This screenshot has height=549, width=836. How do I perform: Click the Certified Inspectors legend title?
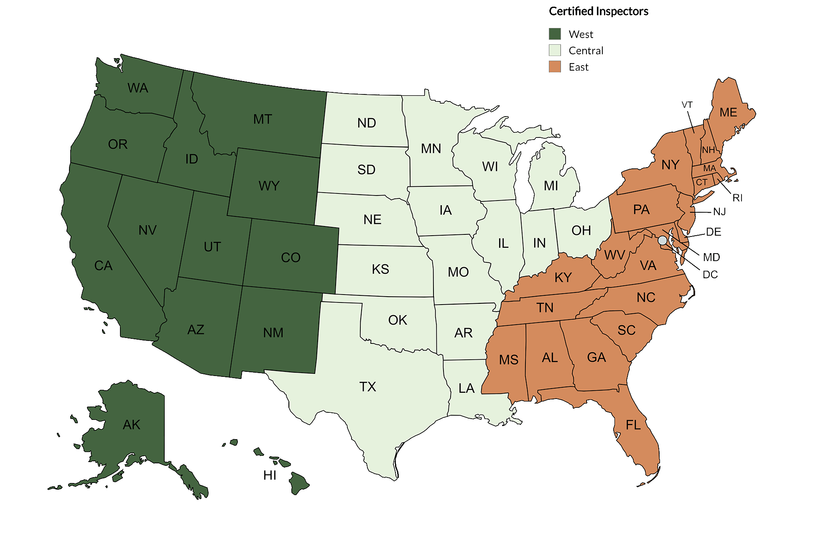pyautogui.click(x=598, y=11)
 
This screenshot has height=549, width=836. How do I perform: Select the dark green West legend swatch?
pyautogui.click(x=555, y=34)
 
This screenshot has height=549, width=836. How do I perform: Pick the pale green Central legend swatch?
pyautogui.click(x=555, y=50)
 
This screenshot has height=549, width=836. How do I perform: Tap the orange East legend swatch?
pyautogui.click(x=555, y=66)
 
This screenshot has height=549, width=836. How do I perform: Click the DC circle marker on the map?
pyautogui.click(x=663, y=240)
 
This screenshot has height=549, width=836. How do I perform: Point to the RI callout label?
pyautogui.click(x=737, y=198)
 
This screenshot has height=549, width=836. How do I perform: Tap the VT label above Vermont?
pyautogui.click(x=687, y=105)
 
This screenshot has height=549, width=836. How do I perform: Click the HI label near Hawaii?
pyautogui.click(x=270, y=475)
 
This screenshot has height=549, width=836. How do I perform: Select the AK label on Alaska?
pyautogui.click(x=132, y=425)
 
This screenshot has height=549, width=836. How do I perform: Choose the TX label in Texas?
pyautogui.click(x=368, y=387)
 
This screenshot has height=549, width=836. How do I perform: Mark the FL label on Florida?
pyautogui.click(x=633, y=425)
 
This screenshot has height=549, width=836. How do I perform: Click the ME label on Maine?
pyautogui.click(x=728, y=112)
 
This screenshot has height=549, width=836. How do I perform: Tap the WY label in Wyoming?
pyautogui.click(x=269, y=186)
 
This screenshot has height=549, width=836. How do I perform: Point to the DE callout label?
pyautogui.click(x=714, y=232)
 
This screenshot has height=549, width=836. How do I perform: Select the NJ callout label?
pyautogui.click(x=719, y=212)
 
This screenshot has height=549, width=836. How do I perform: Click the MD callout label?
pyautogui.click(x=711, y=257)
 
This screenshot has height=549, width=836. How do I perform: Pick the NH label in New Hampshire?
pyautogui.click(x=708, y=150)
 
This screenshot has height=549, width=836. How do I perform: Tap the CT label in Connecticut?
pyautogui.click(x=701, y=182)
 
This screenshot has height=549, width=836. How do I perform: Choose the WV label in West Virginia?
pyautogui.click(x=614, y=255)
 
